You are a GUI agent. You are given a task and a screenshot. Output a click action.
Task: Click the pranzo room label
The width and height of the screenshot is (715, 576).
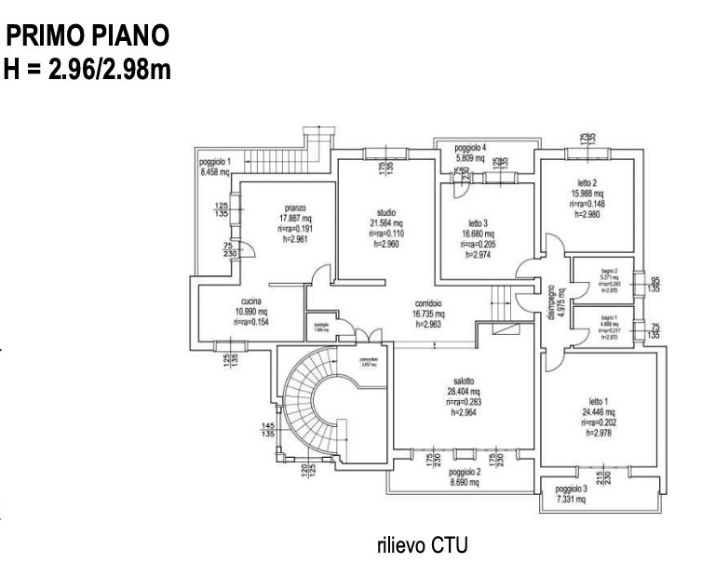295,208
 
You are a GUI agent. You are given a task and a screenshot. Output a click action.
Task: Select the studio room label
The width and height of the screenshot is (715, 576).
387,212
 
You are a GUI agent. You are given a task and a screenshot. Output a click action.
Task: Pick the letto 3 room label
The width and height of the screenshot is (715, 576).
478,222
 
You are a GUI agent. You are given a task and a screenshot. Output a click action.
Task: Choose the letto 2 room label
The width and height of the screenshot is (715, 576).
587,182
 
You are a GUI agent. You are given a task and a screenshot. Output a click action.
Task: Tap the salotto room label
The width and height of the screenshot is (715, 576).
464,381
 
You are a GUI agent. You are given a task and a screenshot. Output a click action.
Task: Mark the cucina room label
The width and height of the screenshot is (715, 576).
250,301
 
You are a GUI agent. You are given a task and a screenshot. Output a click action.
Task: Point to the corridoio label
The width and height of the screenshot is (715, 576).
427,304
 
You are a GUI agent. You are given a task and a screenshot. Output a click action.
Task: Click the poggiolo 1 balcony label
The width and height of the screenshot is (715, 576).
215,161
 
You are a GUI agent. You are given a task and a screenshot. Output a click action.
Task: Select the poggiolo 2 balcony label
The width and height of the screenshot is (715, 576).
464,472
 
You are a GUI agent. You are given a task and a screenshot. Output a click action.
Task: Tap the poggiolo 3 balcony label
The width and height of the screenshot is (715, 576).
572,489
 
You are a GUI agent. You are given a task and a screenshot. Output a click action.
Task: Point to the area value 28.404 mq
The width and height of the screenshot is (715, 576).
464,392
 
